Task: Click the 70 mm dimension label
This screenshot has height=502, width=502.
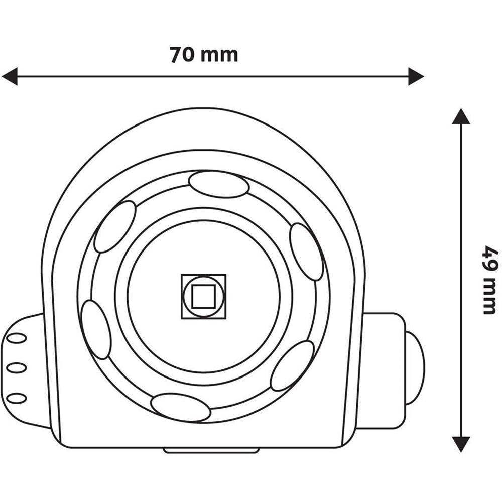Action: click(203, 55)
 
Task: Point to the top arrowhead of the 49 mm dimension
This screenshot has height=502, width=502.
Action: click(460, 116)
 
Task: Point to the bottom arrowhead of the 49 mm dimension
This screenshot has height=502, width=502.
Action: click(460, 443)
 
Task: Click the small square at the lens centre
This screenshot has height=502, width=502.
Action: click(203, 296)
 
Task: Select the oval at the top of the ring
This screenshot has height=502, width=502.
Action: click(218, 184)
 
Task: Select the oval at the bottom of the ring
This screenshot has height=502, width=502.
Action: click(180, 407)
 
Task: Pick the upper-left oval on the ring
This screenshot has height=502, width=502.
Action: click(115, 226)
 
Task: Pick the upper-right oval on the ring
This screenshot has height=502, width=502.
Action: click(306, 252)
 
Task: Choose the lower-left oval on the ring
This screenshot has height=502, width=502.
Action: click(96, 329)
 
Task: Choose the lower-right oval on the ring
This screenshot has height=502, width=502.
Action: click(292, 365)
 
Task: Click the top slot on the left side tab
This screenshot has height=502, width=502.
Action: click(17, 338)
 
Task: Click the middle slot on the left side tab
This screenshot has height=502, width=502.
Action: click(17, 368)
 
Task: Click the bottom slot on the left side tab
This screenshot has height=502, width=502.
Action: click(17, 398)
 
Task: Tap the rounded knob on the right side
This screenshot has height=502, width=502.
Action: click(415, 367)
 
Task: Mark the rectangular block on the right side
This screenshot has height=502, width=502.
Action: click(383, 370)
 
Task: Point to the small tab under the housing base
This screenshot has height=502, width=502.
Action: click(211, 450)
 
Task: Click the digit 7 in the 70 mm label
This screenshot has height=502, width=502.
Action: click(176, 55)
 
